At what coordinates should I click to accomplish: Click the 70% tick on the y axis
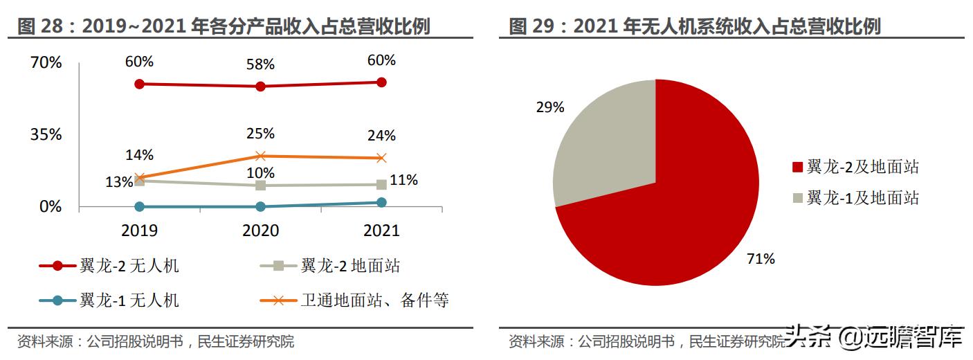(46, 63)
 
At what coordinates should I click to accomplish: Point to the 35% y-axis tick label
(46, 134)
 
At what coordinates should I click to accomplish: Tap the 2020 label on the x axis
(260, 231)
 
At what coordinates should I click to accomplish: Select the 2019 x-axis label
(139, 231)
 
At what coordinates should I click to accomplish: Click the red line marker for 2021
(381, 82)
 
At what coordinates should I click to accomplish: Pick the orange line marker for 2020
(260, 156)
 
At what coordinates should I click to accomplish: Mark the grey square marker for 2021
(381, 184)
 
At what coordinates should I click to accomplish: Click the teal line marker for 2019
(139, 206)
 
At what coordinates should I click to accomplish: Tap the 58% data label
(260, 64)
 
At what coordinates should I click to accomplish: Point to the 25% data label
(260, 134)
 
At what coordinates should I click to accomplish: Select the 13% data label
(119, 182)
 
